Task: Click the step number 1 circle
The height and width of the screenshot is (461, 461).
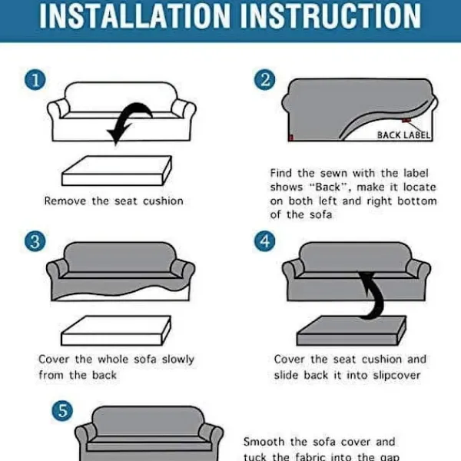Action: tap(35, 80)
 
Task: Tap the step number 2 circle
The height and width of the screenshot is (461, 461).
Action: tap(264, 80)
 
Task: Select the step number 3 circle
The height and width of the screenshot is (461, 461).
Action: tap(35, 241)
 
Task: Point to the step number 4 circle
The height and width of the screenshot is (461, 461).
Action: tap(264, 241)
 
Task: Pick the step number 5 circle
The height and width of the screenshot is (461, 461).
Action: tap(62, 411)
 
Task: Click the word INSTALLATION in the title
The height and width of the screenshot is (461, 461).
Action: tap(134, 16)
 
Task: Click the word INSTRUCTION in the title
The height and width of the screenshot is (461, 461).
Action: tap(330, 16)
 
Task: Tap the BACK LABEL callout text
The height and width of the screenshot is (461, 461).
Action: tap(403, 135)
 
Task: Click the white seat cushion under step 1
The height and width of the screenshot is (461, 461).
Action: tap(117, 171)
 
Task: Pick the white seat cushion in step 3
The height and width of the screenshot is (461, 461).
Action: tap(116, 330)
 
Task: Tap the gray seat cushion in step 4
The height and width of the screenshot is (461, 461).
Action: tap(351, 330)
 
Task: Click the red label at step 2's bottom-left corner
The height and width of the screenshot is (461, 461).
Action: tap(291, 138)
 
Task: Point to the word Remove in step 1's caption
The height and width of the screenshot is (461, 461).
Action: tap(65, 201)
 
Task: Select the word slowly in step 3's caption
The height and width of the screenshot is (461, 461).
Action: tap(178, 360)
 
